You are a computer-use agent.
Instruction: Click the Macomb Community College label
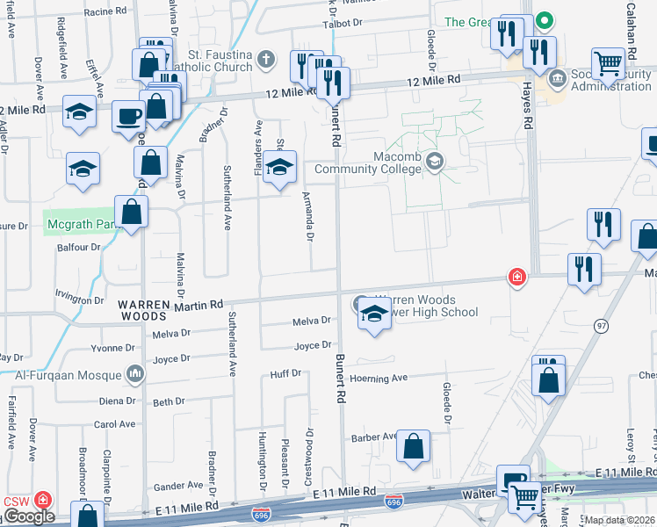coord(369,162)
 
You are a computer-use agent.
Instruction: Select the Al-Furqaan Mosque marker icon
coord(134,375)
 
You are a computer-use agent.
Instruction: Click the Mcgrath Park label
coord(81,224)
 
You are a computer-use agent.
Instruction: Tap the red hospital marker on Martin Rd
coord(518,278)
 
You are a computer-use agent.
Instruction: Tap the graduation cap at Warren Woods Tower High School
coord(374,314)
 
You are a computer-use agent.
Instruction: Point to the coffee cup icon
coord(129,115)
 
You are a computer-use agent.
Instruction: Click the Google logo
coord(29,516)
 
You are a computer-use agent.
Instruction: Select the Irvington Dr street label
coord(80,300)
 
